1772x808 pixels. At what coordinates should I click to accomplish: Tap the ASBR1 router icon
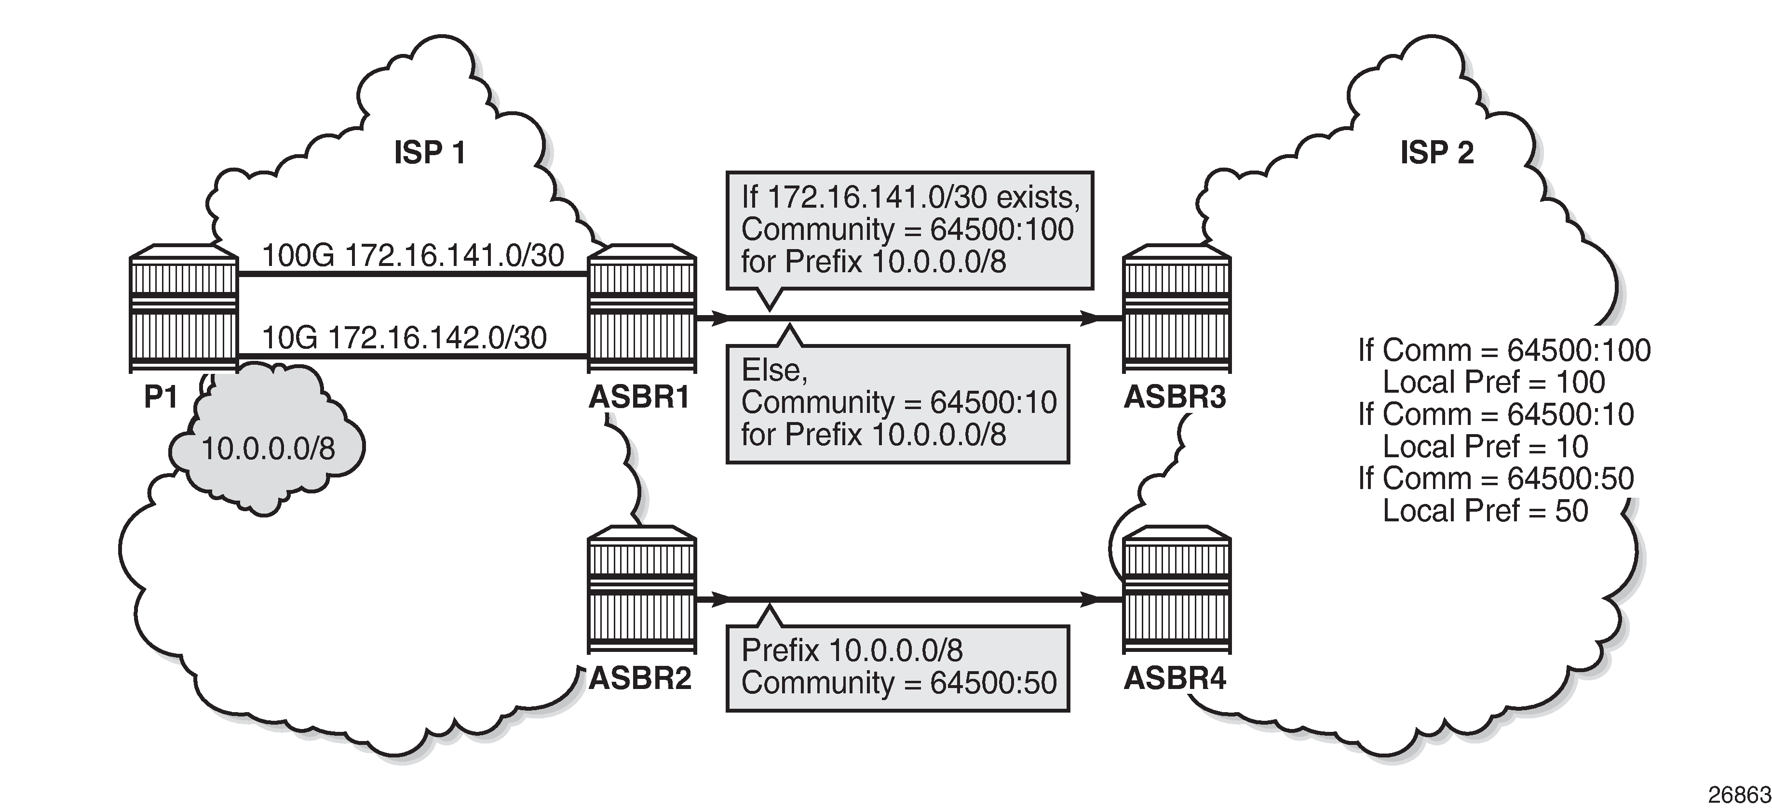[642, 309]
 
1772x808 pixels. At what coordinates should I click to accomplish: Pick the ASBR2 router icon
[642, 591]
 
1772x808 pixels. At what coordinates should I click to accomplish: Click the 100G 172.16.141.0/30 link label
[413, 256]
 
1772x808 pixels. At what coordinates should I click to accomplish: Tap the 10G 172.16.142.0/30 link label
[405, 338]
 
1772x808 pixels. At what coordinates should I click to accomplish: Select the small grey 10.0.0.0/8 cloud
[268, 447]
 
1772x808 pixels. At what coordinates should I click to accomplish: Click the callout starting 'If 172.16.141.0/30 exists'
[909, 230]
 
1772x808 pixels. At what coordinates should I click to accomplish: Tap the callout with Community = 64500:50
[898, 667]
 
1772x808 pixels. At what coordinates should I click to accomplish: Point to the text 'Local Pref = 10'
[1485, 447]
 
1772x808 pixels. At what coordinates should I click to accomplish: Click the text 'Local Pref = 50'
[1485, 511]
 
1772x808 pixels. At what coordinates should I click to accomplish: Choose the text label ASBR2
[640, 679]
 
